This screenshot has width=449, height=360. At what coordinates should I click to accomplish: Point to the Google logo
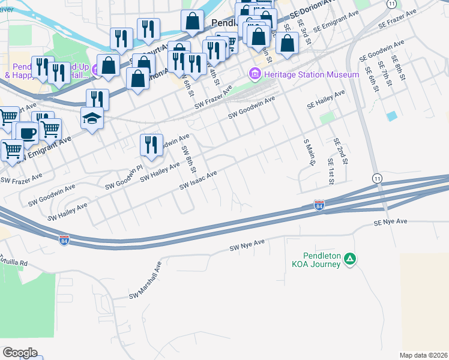(20, 352)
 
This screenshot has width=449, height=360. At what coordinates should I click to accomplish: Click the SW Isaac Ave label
(198, 179)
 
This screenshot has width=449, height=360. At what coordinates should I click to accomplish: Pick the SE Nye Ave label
(390, 222)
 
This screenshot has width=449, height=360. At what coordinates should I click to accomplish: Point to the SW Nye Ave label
(247, 245)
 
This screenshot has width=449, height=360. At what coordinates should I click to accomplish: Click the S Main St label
(310, 152)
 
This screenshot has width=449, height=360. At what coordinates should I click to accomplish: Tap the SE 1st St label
(330, 171)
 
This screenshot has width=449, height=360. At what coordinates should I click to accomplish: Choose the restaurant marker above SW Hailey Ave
(151, 145)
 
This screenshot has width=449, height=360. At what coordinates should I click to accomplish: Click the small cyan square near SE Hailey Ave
(393, 115)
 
